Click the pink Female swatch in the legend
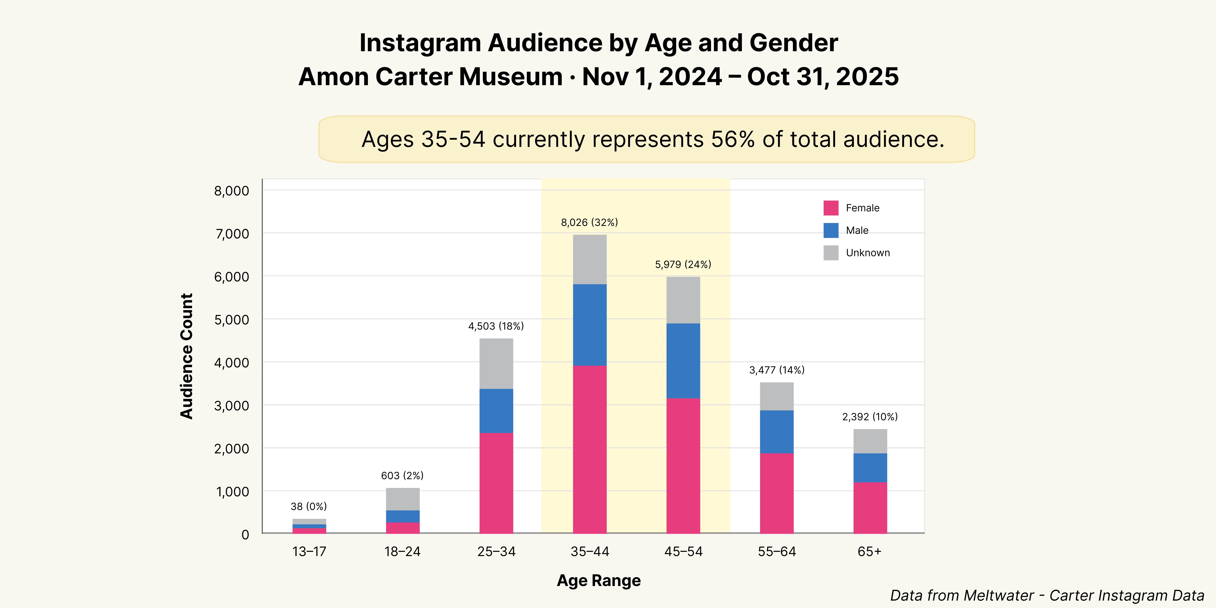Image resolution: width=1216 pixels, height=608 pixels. [x=831, y=208]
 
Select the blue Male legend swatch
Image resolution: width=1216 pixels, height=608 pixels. [x=831, y=230]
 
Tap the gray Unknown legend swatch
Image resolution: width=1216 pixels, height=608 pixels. [x=831, y=253]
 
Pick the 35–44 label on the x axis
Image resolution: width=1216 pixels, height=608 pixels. [x=590, y=551]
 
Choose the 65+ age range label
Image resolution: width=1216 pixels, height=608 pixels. [x=870, y=551]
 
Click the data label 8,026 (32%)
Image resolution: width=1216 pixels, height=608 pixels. [x=589, y=222]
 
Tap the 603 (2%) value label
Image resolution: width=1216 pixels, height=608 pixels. [x=402, y=475]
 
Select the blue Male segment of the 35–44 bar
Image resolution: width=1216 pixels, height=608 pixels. [x=590, y=325]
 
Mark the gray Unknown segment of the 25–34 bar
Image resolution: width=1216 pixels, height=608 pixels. [x=496, y=363]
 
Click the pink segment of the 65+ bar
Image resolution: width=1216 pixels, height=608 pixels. [x=870, y=507]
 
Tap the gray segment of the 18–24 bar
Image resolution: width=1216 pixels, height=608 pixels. [x=403, y=499]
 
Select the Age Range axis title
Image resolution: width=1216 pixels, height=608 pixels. [x=599, y=580]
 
